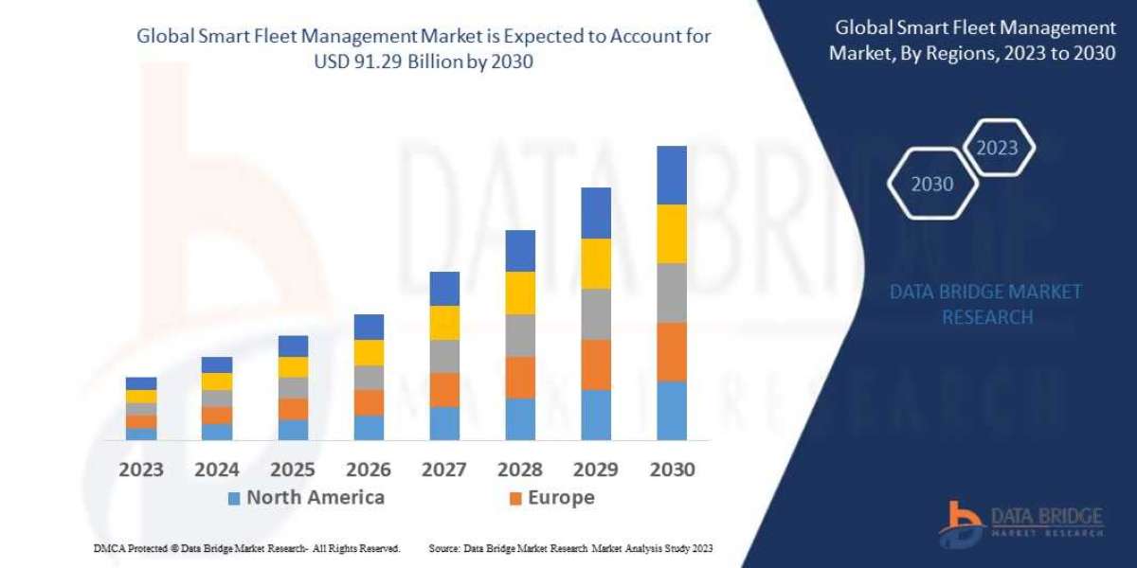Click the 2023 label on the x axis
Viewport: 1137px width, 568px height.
(x=141, y=470)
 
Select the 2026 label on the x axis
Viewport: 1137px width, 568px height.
(x=369, y=470)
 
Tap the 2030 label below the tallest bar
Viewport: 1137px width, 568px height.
(x=672, y=470)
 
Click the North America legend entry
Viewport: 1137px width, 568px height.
(x=305, y=498)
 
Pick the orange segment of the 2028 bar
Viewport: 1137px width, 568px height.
(x=520, y=377)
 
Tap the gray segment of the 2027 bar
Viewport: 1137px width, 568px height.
(x=444, y=356)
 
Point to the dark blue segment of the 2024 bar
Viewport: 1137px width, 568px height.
(x=217, y=364)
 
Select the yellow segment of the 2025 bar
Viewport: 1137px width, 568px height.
(x=293, y=367)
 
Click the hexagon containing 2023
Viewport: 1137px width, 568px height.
(x=997, y=148)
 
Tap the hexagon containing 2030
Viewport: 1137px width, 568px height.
(x=932, y=184)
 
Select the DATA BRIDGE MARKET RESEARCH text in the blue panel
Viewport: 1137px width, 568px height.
(x=985, y=304)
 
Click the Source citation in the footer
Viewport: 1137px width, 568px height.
(x=570, y=548)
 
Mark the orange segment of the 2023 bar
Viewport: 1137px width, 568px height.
(x=141, y=421)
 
